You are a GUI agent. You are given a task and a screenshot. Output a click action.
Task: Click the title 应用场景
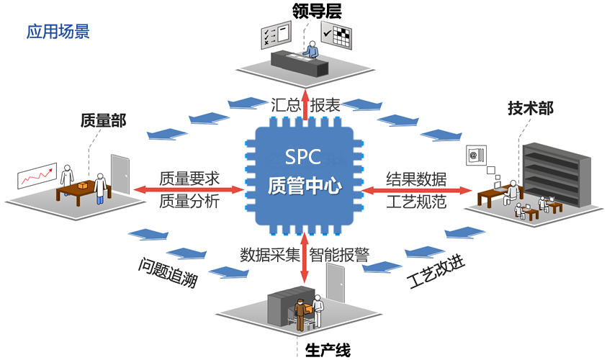[58, 32]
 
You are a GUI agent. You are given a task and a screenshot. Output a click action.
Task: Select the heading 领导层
[316, 10]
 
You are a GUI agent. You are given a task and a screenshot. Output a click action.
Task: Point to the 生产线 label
[328, 351]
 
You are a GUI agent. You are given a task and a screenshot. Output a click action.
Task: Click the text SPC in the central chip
[303, 158]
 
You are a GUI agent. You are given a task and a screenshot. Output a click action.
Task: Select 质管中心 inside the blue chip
[303, 186]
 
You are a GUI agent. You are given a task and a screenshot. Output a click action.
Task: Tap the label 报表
[325, 104]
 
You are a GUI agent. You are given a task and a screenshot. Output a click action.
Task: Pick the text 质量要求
[189, 178]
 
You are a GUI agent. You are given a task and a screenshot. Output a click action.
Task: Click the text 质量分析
[189, 201]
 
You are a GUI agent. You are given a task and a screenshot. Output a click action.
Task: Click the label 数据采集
[269, 254]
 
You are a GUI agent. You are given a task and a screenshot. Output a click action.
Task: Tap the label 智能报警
[339, 254]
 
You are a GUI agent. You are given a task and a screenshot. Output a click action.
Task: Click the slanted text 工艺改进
[436, 271]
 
